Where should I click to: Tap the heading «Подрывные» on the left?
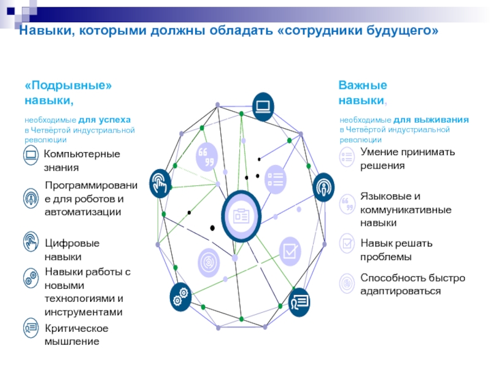pyautogui.click(x=68, y=85)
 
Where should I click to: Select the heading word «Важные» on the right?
pyautogui.click(x=363, y=85)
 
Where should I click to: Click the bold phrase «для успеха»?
pyautogui.click(x=104, y=120)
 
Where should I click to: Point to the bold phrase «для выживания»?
pyautogui.click(x=431, y=120)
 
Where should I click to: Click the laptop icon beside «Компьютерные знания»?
pyautogui.click(x=31, y=155)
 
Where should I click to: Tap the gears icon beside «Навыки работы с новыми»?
pyautogui.click(x=31, y=277)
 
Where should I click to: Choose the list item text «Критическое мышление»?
pyautogui.click(x=76, y=335)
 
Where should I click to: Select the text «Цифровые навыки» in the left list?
pyautogui.click(x=72, y=250)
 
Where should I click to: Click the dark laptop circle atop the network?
pyautogui.click(x=263, y=107)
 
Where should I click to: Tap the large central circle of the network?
pyautogui.click(x=241, y=216)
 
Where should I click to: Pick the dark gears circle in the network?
pyautogui.click(x=180, y=297)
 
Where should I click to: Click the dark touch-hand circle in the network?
pyautogui.click(x=160, y=183)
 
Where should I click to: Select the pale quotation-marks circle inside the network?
pyautogui.click(x=207, y=157)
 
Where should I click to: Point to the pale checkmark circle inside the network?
pyautogui.click(x=290, y=251)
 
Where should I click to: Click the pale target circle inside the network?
pyautogui.click(x=209, y=263)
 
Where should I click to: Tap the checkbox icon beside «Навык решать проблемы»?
pyautogui.click(x=347, y=243)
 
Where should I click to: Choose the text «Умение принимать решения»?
pyautogui.click(x=408, y=159)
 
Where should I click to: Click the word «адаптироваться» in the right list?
pyautogui.click(x=401, y=291)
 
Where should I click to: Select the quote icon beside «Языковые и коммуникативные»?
pyautogui.click(x=347, y=204)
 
